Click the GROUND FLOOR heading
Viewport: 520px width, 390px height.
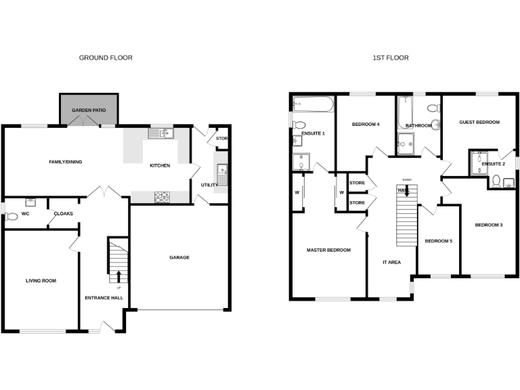pyautogui.click(x=106, y=58)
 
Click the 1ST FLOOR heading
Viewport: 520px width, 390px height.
pyautogui.click(x=391, y=58)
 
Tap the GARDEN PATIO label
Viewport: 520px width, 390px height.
pyautogui.click(x=91, y=109)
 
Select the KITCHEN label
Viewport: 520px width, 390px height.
pyautogui.click(x=160, y=166)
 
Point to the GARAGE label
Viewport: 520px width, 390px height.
pyautogui.click(x=179, y=257)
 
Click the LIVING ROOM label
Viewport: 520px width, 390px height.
pyautogui.click(x=41, y=280)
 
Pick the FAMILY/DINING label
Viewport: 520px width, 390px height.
pyautogui.click(x=66, y=162)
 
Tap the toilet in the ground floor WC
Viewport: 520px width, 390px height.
pyautogui.click(x=11, y=217)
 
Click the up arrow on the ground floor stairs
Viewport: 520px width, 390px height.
pyautogui.click(x=119, y=276)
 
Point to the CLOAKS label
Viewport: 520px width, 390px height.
pyautogui.click(x=64, y=214)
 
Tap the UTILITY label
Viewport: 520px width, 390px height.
pyautogui.click(x=209, y=185)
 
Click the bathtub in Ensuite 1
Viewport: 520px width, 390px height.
pyautogui.click(x=312, y=104)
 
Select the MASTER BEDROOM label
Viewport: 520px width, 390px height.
pyautogui.click(x=328, y=251)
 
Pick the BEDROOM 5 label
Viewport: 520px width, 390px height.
pyautogui.click(x=438, y=241)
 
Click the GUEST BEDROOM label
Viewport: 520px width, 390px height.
pyautogui.click(x=479, y=122)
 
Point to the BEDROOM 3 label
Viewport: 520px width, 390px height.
pyautogui.click(x=488, y=225)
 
